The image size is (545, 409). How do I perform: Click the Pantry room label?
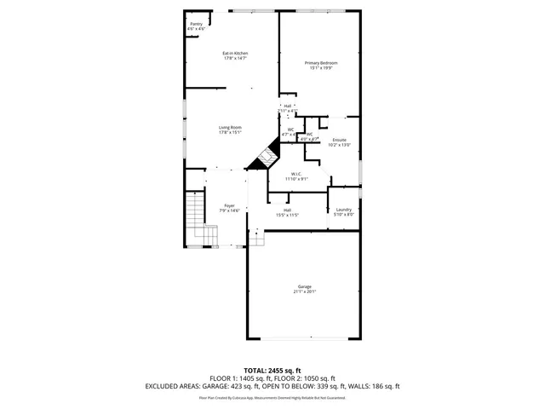coord(196,24)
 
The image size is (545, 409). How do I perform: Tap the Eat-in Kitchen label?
coord(235,53)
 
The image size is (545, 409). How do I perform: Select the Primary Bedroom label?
coord(321,63)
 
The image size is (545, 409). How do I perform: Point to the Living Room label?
coord(230,127)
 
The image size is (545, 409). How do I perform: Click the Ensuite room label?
coord(339,140)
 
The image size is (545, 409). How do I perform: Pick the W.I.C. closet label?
coord(295,174)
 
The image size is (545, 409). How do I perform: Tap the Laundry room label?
coord(344,210)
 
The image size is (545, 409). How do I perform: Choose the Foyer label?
coord(229,205)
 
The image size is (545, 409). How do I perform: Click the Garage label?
coord(305,286)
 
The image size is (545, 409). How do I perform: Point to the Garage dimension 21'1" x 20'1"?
coord(305,292)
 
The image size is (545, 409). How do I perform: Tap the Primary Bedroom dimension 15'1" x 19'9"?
coord(321,68)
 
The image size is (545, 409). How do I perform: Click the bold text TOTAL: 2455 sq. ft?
coord(272,370)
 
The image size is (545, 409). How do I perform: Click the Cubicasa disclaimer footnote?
coord(272,397)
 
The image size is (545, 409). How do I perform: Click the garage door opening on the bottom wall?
coord(304,338)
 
